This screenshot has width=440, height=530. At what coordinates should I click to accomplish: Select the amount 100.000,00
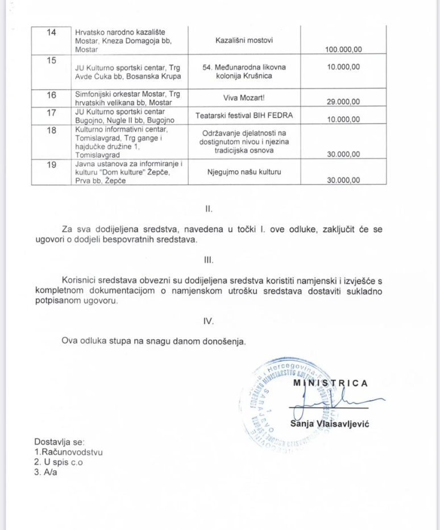(x=343, y=50)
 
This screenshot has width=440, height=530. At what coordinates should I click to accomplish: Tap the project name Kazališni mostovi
(x=244, y=41)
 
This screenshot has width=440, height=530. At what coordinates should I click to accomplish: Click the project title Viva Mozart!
(x=244, y=97)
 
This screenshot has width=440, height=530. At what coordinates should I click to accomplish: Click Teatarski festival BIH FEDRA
(x=244, y=116)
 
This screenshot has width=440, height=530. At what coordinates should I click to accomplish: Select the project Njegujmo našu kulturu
(x=244, y=171)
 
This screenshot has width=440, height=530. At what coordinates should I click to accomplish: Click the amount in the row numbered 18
(x=343, y=154)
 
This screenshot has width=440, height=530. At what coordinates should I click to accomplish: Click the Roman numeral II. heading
(x=208, y=208)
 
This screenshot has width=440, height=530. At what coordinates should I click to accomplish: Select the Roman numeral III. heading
(x=208, y=260)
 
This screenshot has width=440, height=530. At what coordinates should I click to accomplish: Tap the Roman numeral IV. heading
(x=208, y=321)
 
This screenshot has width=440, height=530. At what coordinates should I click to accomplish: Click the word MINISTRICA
(x=330, y=383)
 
